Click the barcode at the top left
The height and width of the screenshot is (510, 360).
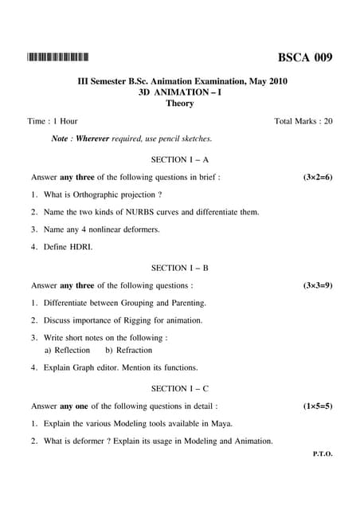click(57, 57)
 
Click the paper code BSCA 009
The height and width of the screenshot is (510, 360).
click(305, 57)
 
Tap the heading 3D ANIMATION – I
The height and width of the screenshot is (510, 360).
click(180, 92)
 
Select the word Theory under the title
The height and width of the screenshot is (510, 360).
click(180, 104)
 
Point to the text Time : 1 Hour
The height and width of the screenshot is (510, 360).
click(53, 121)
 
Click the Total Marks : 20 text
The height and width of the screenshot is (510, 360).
click(303, 121)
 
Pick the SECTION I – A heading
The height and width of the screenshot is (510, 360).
click(180, 159)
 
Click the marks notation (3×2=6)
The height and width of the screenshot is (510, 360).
click(318, 177)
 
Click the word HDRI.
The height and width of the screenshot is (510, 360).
click(81, 247)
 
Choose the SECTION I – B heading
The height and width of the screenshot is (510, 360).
click(180, 268)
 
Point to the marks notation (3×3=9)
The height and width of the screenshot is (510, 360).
click(318, 285)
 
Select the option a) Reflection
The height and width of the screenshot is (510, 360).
click(67, 350)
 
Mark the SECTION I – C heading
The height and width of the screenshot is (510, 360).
click(180, 388)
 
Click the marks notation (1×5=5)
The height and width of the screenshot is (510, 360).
click(318, 406)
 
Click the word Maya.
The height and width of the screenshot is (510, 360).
click(222, 424)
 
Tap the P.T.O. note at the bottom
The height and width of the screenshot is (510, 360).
click(323, 453)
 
